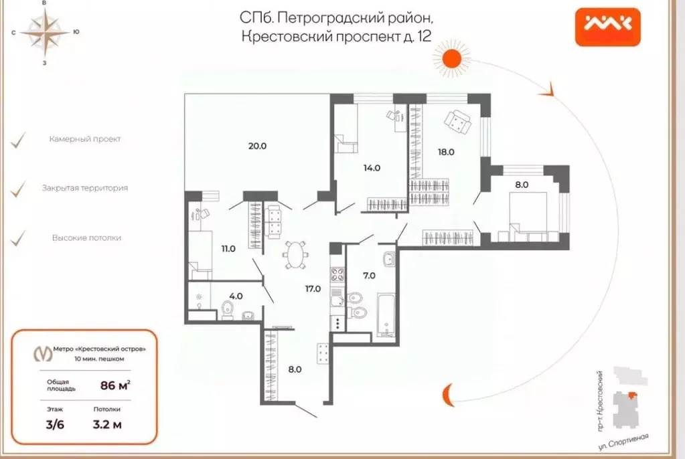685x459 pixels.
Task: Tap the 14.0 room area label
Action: (372, 168)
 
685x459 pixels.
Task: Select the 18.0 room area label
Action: (446, 152)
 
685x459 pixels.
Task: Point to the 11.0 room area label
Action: (228, 248)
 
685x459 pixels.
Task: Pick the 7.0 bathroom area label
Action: (368, 275)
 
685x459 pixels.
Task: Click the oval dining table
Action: (295, 254)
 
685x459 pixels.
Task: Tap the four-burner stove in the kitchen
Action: (337, 274)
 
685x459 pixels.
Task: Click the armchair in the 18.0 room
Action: (459, 121)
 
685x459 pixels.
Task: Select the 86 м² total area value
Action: (114, 385)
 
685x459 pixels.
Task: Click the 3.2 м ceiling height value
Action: (107, 424)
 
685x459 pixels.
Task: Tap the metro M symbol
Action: (43, 353)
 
